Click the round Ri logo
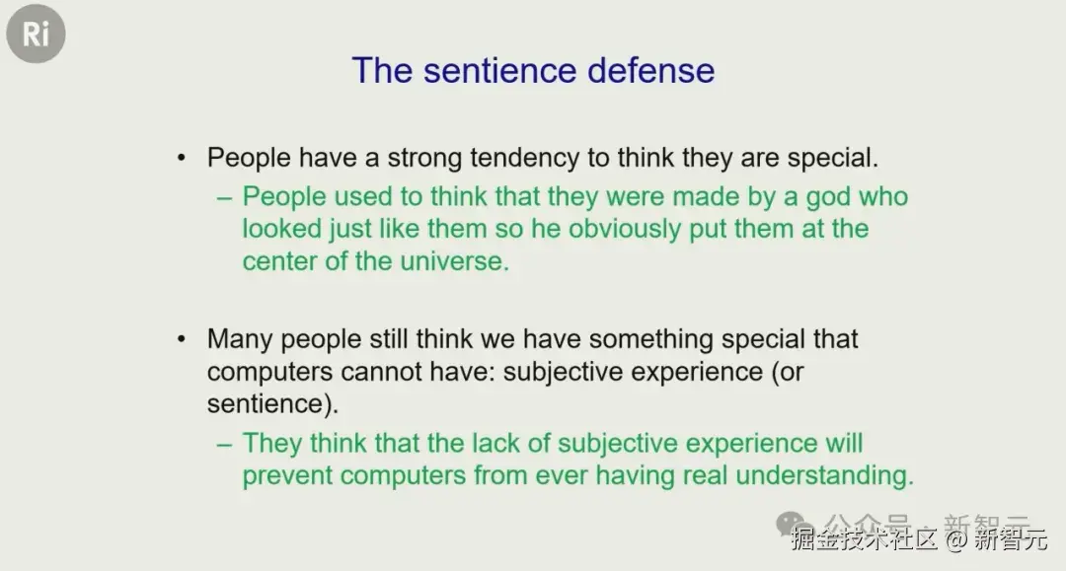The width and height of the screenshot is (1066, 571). (x=36, y=34)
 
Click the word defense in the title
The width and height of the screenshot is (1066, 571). (x=650, y=71)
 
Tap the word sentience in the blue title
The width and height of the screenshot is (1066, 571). (x=499, y=71)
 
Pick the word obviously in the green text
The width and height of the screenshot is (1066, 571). (x=624, y=230)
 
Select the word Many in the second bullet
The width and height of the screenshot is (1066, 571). (x=240, y=339)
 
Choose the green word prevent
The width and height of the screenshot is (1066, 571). (x=287, y=476)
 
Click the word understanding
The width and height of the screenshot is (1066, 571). (x=824, y=475)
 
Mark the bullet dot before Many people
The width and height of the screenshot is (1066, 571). (x=181, y=338)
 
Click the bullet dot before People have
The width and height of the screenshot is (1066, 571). (x=181, y=158)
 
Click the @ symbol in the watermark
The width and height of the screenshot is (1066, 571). (x=955, y=539)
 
